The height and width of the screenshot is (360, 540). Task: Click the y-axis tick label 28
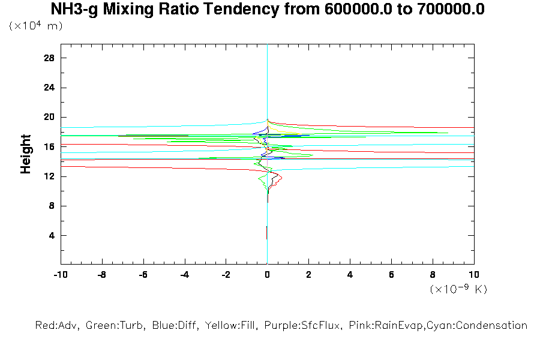click(49, 58)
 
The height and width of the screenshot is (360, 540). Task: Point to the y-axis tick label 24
click(49, 88)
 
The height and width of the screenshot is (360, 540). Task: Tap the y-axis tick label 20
click(49, 117)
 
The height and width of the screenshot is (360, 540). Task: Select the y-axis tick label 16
click(49, 146)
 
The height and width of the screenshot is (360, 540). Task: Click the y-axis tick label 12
click(49, 176)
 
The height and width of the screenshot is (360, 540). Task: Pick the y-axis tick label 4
click(52, 235)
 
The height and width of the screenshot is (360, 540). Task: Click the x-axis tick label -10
click(60, 274)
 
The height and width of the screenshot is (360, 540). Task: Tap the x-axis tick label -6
click(143, 274)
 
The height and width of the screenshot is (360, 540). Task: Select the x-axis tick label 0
click(267, 274)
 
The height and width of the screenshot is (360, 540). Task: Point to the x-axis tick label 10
click(474, 274)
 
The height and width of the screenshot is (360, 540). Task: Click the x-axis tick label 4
click(350, 274)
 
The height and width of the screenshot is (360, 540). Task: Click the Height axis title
click(26, 154)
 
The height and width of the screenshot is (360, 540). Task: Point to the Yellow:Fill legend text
click(226, 326)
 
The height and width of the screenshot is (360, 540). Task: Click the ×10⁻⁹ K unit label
click(458, 289)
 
